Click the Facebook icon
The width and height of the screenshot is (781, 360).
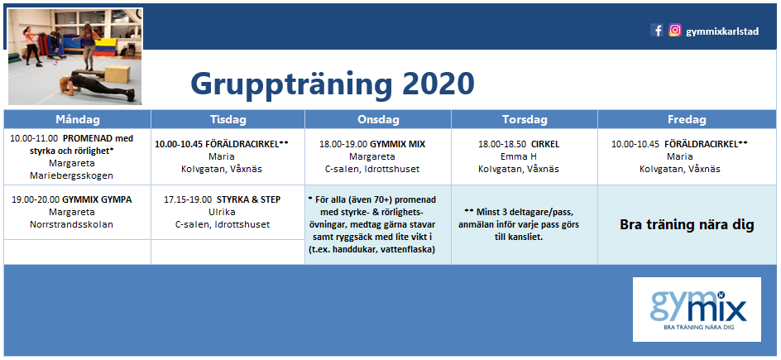(657, 31)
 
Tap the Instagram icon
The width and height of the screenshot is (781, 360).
(675, 31)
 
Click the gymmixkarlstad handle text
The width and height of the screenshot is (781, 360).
(722, 31)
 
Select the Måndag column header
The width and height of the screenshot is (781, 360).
(78, 119)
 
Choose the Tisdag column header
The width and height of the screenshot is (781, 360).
(228, 119)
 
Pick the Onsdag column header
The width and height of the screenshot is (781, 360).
(378, 119)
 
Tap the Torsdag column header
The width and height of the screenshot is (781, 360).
(525, 119)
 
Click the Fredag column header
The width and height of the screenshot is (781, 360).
(687, 119)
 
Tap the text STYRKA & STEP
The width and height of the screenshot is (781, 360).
(248, 199)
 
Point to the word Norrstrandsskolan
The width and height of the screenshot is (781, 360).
(72, 224)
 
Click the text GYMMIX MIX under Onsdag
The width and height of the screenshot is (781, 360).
(397, 144)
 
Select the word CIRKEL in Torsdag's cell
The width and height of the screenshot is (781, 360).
(545, 144)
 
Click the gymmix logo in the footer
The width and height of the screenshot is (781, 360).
(697, 310)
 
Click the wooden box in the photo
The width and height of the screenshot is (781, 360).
(117, 74)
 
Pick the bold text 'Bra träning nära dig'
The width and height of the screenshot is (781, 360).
(687, 225)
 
